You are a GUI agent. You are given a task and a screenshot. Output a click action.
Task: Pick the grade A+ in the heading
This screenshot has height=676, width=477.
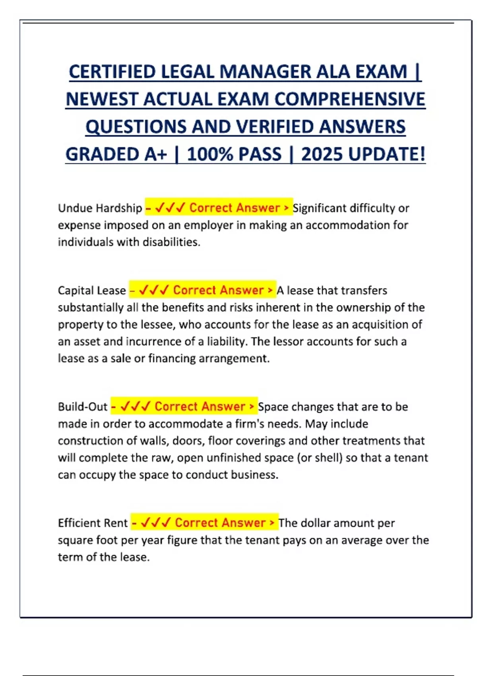pyautogui.click(x=153, y=154)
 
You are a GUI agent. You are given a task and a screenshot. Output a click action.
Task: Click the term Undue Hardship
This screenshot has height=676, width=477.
pyautogui.click(x=100, y=208)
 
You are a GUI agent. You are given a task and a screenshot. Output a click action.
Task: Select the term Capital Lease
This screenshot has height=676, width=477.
pyautogui.click(x=92, y=291)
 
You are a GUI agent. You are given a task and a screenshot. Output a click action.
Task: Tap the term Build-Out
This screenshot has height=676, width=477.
pyautogui.click(x=83, y=407)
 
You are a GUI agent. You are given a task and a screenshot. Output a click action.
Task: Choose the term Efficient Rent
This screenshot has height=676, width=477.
pyautogui.click(x=93, y=523)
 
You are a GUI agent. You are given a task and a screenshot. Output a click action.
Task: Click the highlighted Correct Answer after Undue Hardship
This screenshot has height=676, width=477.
pyautogui.click(x=235, y=208)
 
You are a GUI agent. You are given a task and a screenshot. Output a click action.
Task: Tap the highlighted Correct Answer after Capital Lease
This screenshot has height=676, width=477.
pyautogui.click(x=218, y=290)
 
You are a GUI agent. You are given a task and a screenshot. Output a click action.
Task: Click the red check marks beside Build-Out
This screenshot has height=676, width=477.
pyautogui.click(x=135, y=406)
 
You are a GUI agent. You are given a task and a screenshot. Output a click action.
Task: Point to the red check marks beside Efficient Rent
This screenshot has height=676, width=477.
pyautogui.click(x=156, y=523)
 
